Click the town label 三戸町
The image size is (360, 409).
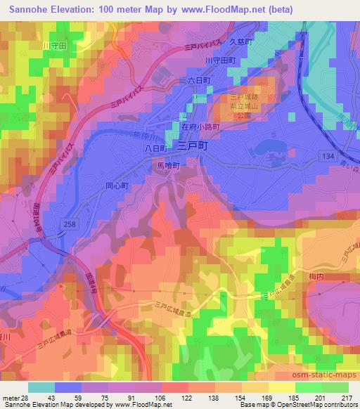point(192,147)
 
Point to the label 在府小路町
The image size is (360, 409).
point(200,127)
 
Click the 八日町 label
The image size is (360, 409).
point(154,149)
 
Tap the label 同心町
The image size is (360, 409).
point(116,187)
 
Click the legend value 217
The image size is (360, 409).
point(345,399)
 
